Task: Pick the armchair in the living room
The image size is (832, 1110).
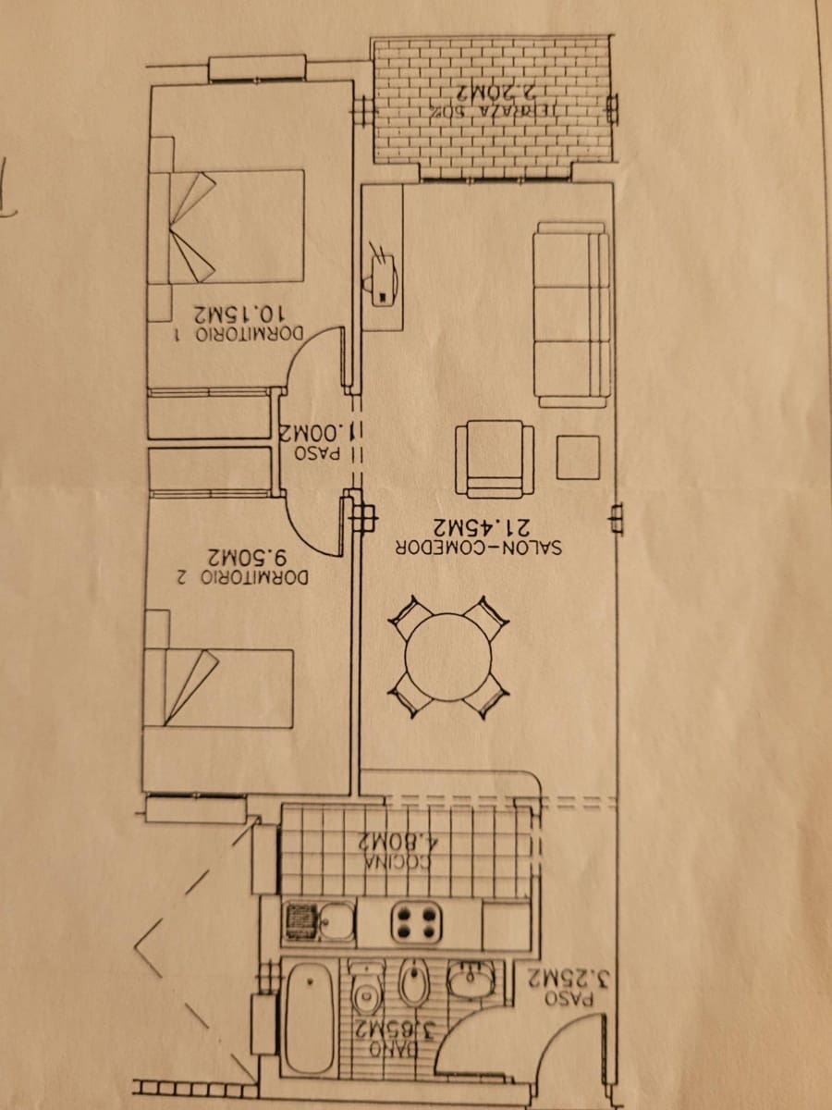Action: pos(495,459)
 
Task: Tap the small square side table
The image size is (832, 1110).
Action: pos(578,457)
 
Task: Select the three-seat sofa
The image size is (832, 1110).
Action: pos(571,314)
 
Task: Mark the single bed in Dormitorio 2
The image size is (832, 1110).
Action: pos(219,687)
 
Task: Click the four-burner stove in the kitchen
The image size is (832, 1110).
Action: pos(416,922)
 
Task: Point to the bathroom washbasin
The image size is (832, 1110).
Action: pos(471,980)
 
